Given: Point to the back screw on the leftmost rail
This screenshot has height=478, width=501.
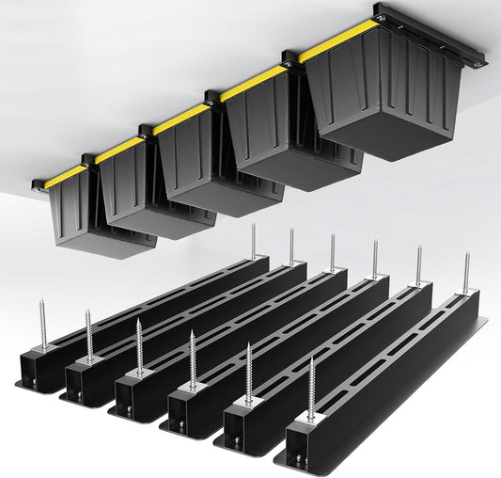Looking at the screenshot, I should tap(253, 241).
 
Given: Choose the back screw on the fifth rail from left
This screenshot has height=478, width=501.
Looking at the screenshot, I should tap(419, 265).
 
